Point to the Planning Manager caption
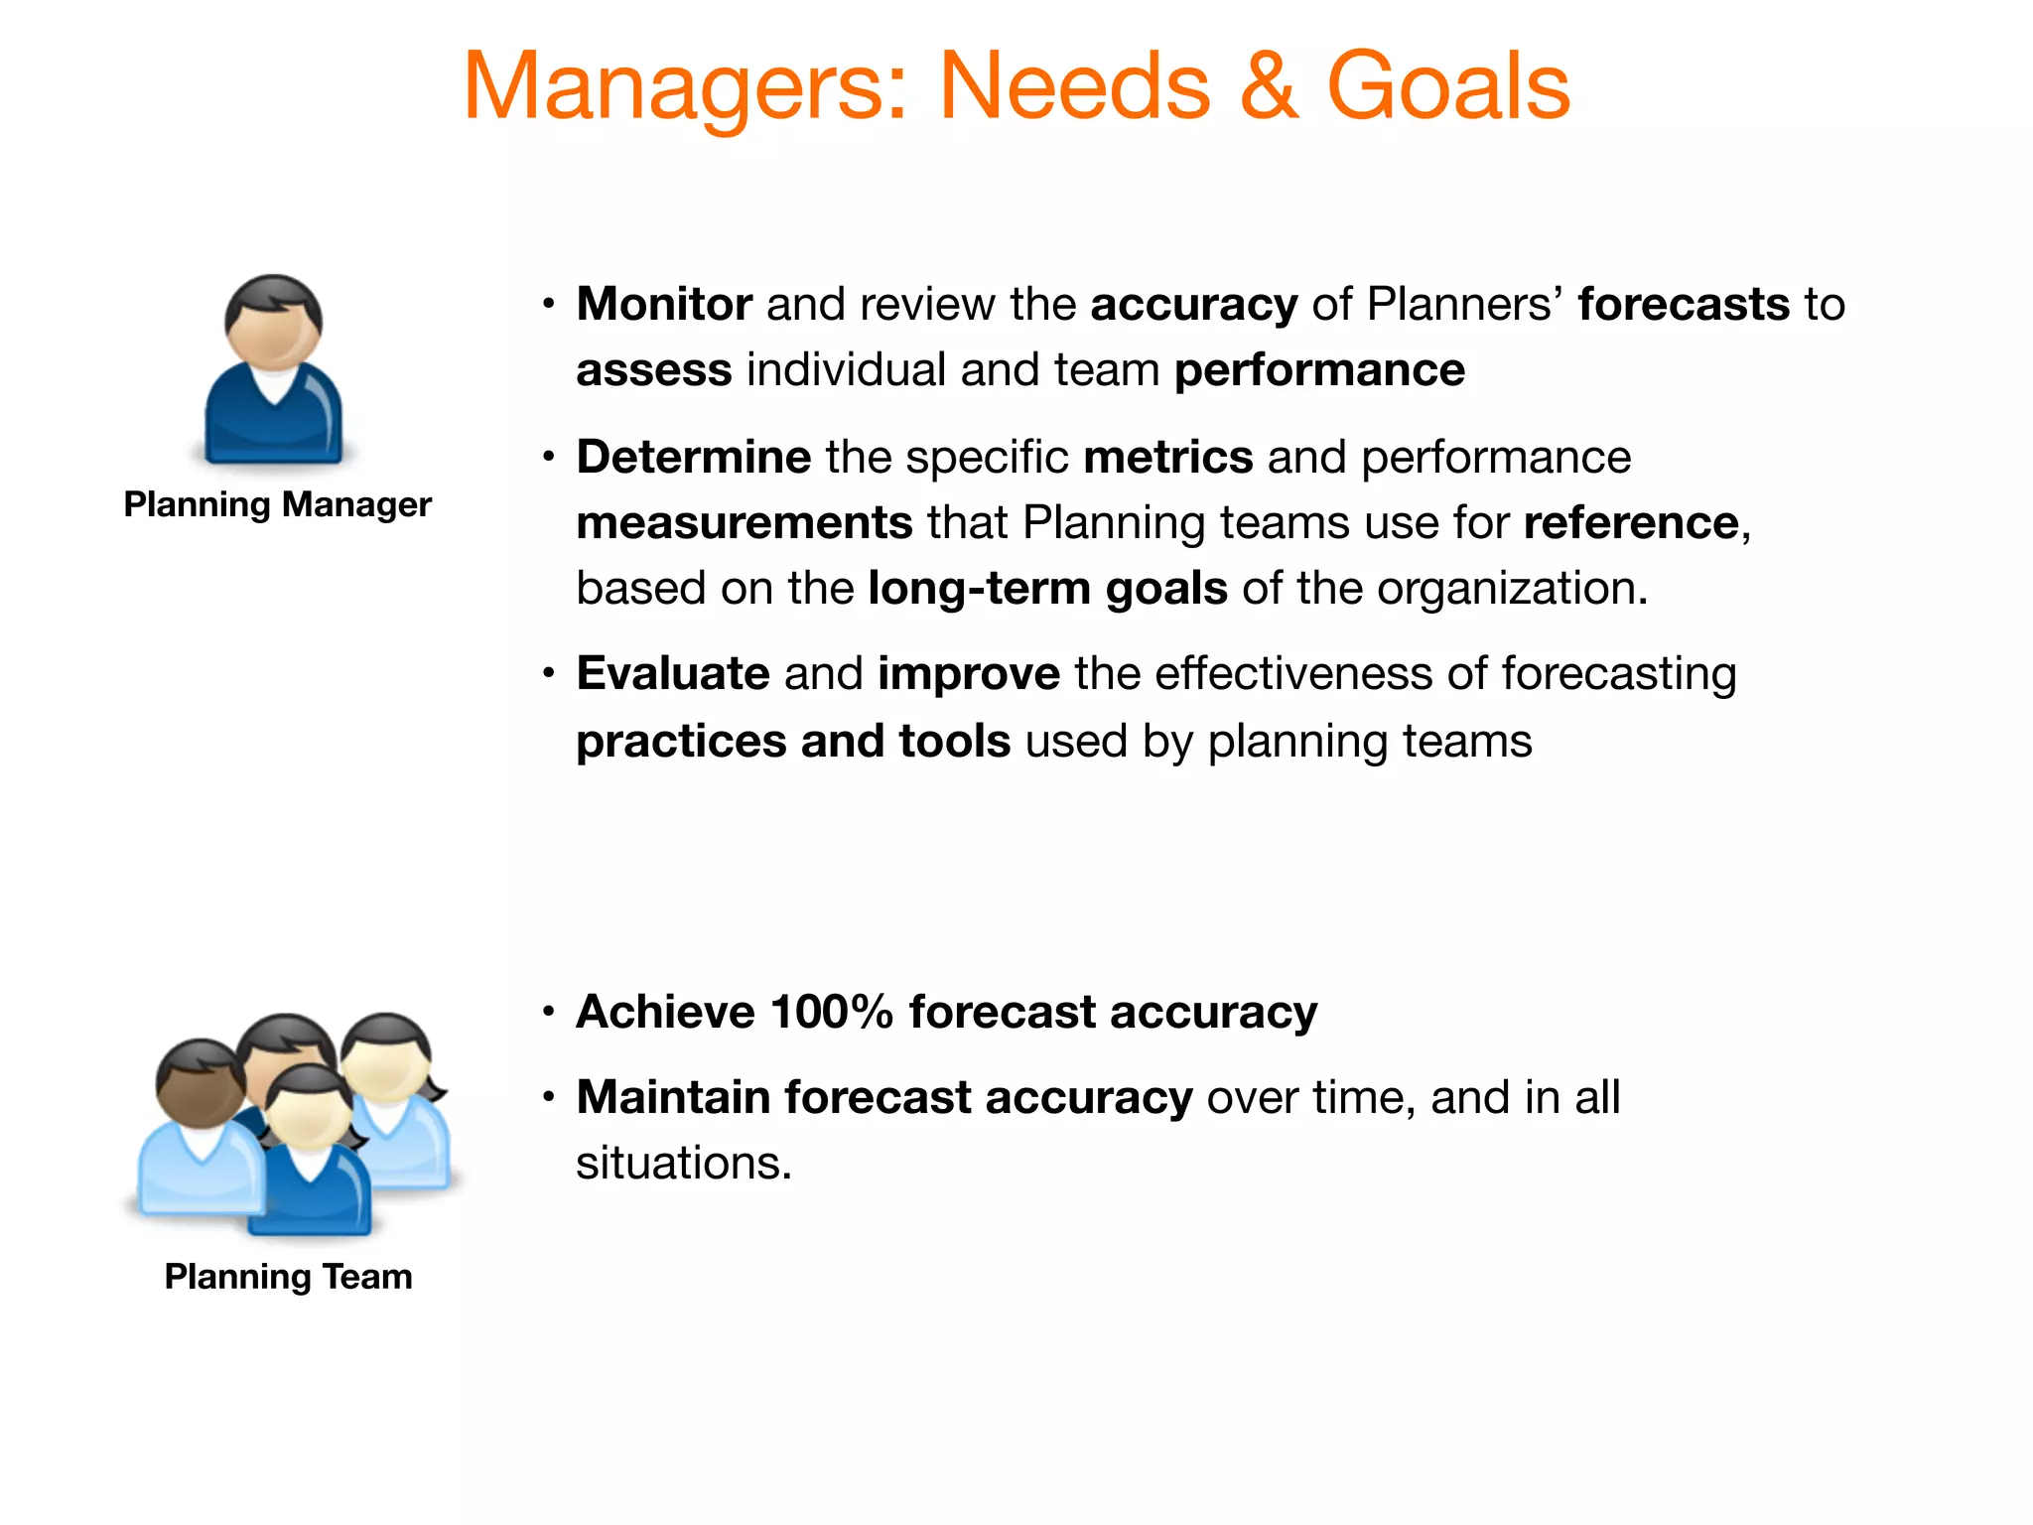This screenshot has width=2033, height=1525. (x=277, y=504)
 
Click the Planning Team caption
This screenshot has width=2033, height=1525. (x=288, y=1277)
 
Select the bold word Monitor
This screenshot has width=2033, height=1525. (x=664, y=304)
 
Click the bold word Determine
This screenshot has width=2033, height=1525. (x=694, y=457)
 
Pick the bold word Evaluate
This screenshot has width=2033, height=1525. (x=673, y=673)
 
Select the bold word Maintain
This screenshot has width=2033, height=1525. (x=673, y=1097)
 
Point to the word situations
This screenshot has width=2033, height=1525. (x=683, y=1163)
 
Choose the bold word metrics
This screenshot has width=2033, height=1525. (x=1168, y=457)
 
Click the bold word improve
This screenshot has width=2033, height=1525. (x=969, y=673)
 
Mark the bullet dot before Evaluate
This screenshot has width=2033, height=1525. (x=548, y=674)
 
